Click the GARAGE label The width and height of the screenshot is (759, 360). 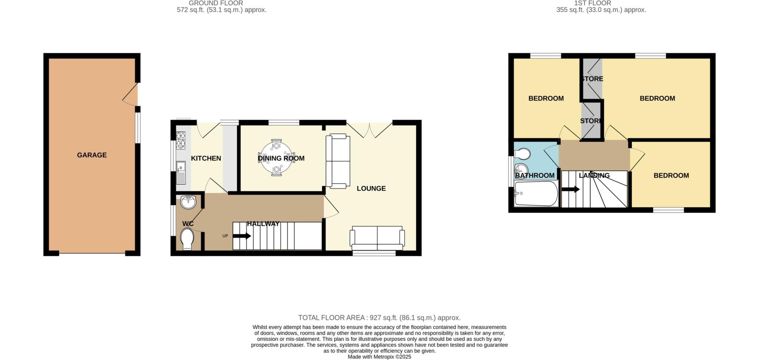92,155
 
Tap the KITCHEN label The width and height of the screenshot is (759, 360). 206,158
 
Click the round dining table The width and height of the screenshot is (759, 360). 276,157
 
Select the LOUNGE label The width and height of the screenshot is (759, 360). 371,188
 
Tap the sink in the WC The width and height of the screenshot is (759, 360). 189,202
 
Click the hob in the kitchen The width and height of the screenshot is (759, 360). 180,140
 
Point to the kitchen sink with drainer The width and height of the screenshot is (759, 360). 181,173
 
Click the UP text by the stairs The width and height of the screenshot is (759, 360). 225,236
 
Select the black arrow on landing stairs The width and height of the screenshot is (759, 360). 570,189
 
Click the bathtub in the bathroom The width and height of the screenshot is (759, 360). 536,194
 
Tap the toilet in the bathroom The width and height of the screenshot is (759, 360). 522,153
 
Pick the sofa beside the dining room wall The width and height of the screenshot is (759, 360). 338,161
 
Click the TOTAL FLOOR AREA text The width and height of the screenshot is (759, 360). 379,318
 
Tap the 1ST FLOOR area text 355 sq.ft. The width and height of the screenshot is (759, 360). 601,10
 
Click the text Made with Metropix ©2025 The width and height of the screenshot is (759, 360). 379,357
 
